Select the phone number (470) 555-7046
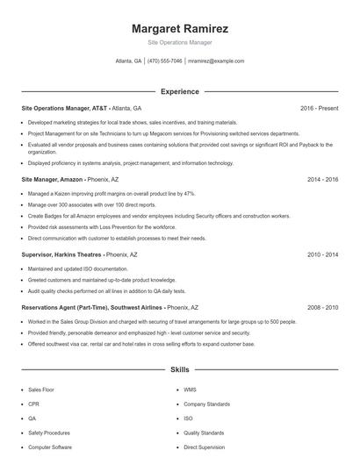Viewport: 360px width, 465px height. tap(165, 61)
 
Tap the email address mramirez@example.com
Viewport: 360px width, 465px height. tap(216, 61)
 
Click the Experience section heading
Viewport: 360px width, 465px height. tap(179, 91)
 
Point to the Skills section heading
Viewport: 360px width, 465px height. tap(179, 370)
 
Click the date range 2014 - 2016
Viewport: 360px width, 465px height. tap(322, 179)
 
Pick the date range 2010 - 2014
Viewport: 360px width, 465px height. tap(322, 254)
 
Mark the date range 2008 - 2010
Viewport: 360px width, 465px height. tap(322, 308)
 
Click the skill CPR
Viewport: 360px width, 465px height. tap(33, 404)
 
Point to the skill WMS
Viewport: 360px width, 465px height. tap(190, 390)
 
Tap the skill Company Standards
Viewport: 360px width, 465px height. tap(206, 404)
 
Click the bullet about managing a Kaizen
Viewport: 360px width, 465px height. tap(112, 193)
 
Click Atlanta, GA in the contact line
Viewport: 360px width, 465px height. tap(128, 61)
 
